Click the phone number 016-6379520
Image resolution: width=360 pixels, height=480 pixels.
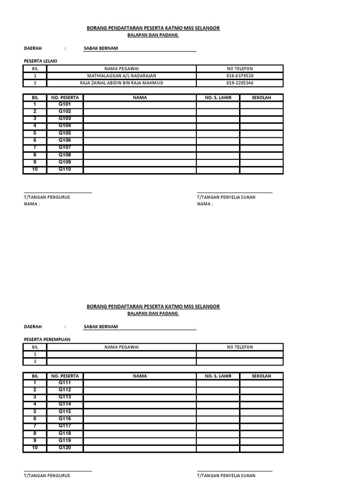click(x=240, y=76)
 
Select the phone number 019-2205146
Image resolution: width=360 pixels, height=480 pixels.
click(x=240, y=83)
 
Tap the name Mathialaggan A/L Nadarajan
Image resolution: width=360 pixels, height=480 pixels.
click(x=121, y=76)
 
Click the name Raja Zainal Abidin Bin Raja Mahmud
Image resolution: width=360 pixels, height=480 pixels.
click(x=121, y=83)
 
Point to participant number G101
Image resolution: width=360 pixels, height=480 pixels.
click(x=65, y=104)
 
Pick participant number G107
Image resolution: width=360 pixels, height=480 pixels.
click(x=65, y=148)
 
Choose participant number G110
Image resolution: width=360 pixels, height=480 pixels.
click(x=65, y=169)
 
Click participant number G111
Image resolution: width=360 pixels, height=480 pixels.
click(x=65, y=382)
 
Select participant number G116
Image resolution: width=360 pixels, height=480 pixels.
click(x=65, y=419)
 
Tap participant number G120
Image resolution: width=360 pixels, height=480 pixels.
click(x=65, y=448)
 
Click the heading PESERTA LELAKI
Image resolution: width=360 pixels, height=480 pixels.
click(x=40, y=61)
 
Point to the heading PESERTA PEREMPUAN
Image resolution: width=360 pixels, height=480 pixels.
click(x=47, y=339)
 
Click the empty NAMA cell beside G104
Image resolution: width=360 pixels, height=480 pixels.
click(x=140, y=126)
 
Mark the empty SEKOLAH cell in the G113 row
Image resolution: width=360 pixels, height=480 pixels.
click(x=261, y=397)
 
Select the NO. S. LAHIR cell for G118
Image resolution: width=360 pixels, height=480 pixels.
click(x=218, y=434)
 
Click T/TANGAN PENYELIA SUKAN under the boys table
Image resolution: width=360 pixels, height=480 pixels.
click(x=226, y=197)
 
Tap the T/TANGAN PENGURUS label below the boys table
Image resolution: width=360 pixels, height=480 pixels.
click(x=47, y=197)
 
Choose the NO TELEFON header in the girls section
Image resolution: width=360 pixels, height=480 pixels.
click(x=240, y=347)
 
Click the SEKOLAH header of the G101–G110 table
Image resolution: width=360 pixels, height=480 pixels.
click(x=261, y=97)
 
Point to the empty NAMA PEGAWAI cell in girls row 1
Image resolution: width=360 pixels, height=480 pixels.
click(x=121, y=354)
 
